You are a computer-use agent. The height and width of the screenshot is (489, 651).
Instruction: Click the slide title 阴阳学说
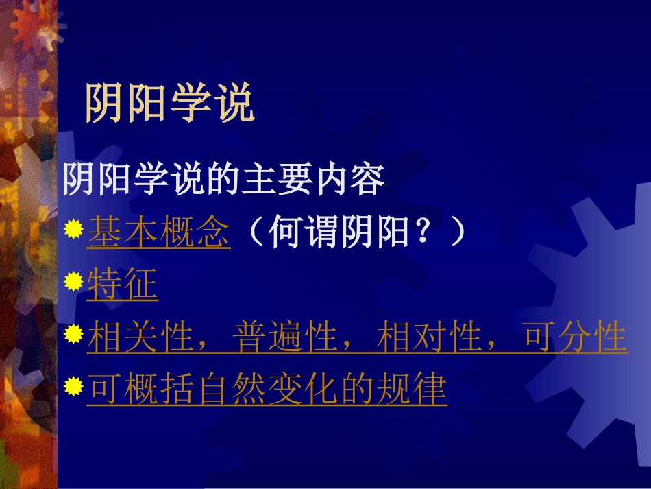point(169,104)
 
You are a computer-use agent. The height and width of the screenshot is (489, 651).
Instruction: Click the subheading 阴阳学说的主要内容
point(223,180)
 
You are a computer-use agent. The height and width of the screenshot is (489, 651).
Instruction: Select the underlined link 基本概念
point(158,234)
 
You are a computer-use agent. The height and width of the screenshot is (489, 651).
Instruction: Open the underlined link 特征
point(123,285)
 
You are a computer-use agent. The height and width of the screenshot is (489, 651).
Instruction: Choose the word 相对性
point(430,337)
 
